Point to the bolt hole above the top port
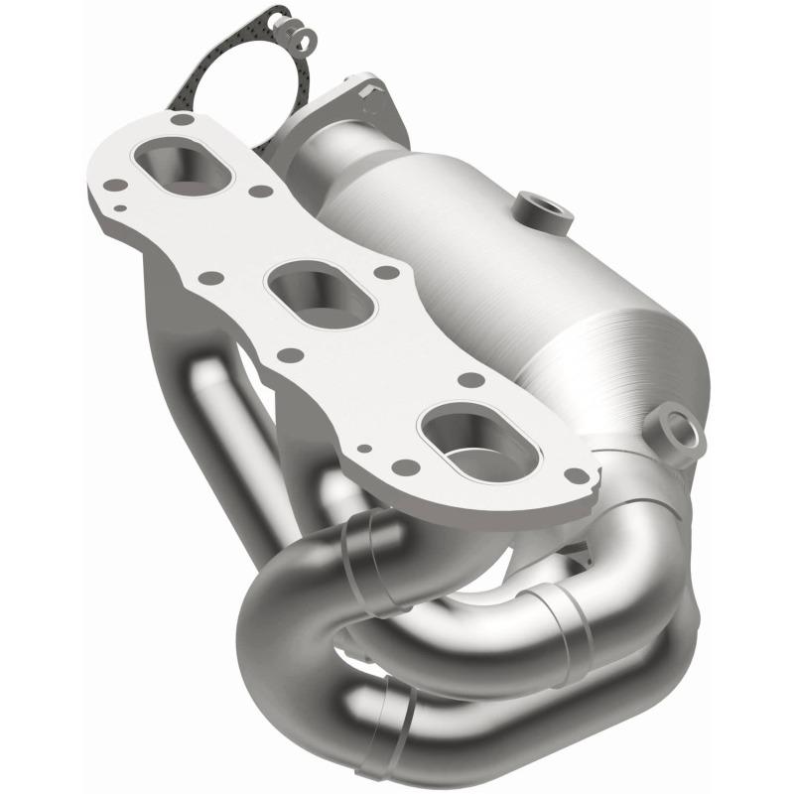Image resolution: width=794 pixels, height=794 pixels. point(180,119)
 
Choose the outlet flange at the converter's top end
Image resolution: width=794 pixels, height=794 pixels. point(347,109)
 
